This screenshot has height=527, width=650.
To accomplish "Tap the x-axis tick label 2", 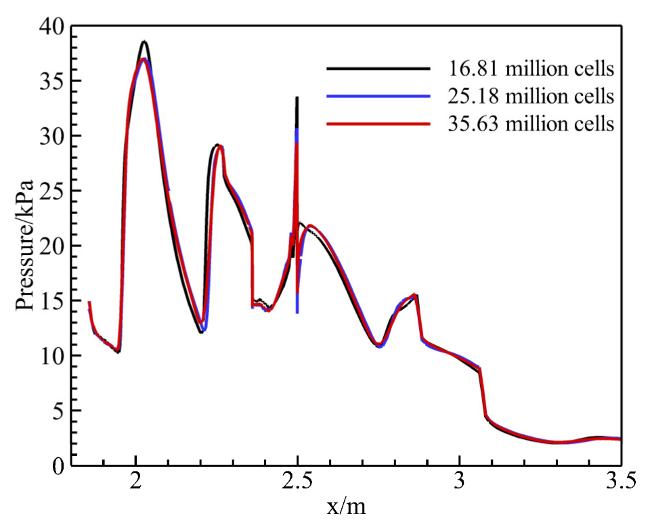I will coord(136,482).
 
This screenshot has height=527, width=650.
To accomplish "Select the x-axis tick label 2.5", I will coord(297,482).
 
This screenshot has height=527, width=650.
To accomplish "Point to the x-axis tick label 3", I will coord(460,482).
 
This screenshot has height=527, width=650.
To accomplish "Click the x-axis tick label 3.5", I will coord(621,482).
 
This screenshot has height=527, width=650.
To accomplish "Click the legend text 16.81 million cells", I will coord(530,68).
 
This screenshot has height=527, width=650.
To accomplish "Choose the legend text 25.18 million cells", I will coord(530,97).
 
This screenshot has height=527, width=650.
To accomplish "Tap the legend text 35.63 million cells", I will coord(530,124).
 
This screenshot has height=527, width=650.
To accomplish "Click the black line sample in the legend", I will coord(378,68).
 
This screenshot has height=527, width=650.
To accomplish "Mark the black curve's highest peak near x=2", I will coord(144,42).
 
